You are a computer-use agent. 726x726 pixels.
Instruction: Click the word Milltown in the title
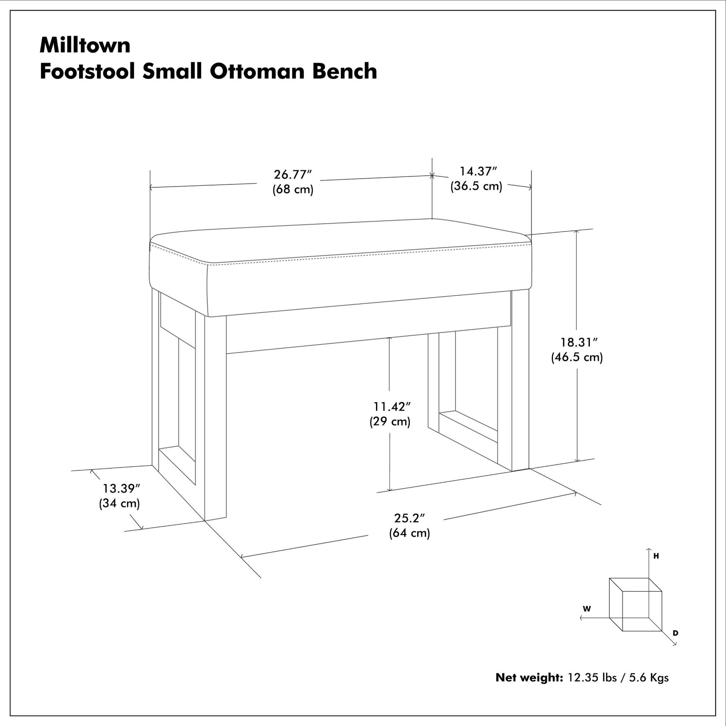85,46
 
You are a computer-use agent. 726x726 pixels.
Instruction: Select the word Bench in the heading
345,71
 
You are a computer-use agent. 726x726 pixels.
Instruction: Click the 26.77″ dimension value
293,175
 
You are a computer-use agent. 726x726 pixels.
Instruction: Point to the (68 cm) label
293,189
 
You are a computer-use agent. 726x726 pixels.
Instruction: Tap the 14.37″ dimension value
478,171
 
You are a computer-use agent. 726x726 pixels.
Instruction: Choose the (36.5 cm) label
476,186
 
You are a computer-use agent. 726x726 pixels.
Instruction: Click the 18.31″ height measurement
579,342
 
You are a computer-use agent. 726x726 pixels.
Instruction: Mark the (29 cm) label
390,421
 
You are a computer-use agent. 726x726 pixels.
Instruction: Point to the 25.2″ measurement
409,518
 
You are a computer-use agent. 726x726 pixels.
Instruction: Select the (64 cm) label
410,533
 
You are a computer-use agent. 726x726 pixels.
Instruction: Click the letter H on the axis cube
656,556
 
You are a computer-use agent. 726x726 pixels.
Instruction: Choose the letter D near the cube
676,633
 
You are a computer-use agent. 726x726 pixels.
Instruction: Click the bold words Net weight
529,678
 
